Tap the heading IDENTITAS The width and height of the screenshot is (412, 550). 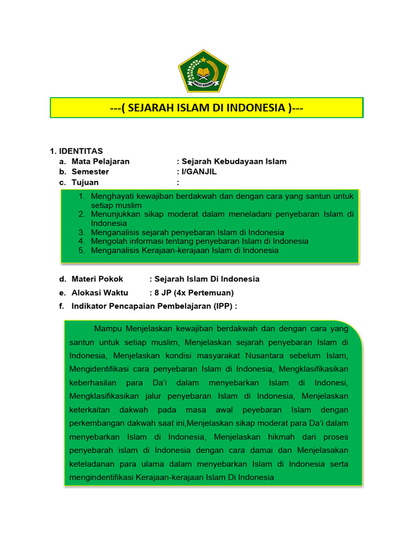80,151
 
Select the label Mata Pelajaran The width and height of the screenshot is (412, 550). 100,161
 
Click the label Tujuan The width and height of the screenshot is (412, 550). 85,183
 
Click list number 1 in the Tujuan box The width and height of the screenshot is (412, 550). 82,196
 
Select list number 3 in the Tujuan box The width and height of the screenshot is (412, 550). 82,233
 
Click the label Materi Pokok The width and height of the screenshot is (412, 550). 97,279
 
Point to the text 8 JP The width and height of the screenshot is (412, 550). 163,293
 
